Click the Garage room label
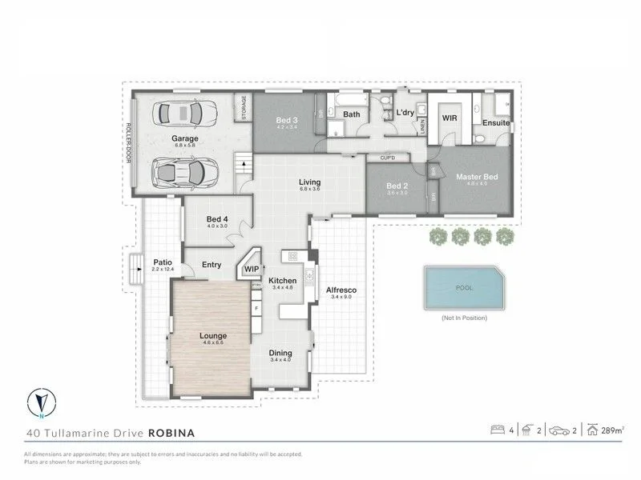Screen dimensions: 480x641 [x=185, y=138]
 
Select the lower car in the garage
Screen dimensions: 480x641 [x=185, y=170]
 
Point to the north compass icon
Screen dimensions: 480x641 [x=39, y=403]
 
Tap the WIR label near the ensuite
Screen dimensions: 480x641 [x=450, y=117]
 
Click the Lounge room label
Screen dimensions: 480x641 [x=212, y=335]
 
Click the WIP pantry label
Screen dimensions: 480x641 [x=252, y=270]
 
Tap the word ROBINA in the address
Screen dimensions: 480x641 [x=171, y=433]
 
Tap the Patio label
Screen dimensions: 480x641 [x=163, y=262]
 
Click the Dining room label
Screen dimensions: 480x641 [x=280, y=353]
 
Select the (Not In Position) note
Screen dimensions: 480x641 [x=463, y=318]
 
